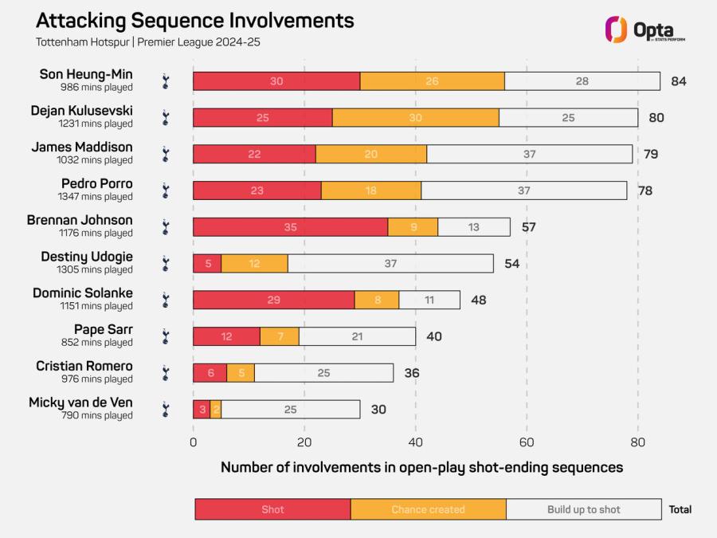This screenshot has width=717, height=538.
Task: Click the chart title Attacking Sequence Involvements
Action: point(195,21)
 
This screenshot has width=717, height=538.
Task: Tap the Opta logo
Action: point(645,29)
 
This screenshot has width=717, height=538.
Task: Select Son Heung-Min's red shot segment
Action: point(276,81)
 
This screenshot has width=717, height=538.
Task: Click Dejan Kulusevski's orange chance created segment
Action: point(416,118)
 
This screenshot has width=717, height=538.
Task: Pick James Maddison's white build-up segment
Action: point(530,154)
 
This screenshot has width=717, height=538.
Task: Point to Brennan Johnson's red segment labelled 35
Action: point(290,227)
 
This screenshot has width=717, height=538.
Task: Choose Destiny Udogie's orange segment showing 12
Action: point(255,264)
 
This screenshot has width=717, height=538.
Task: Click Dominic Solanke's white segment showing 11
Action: point(429,300)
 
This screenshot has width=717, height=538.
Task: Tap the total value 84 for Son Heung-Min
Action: point(679,81)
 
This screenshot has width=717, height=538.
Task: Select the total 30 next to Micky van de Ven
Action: point(378,410)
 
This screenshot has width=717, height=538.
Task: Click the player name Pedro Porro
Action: point(97,183)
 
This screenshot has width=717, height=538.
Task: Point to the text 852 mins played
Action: point(97,342)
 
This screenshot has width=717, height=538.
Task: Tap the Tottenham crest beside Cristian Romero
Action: point(166,373)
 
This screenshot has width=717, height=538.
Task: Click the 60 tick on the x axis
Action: point(527,442)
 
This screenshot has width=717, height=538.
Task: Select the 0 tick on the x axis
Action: point(193,442)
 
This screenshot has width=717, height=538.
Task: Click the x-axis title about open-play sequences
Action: point(421,468)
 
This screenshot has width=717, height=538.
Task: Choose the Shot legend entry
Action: point(273,509)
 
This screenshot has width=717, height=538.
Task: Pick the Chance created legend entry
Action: point(429,509)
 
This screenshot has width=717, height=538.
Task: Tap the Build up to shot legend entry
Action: point(584,509)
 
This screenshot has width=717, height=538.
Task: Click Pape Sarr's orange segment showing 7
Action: point(280,336)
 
